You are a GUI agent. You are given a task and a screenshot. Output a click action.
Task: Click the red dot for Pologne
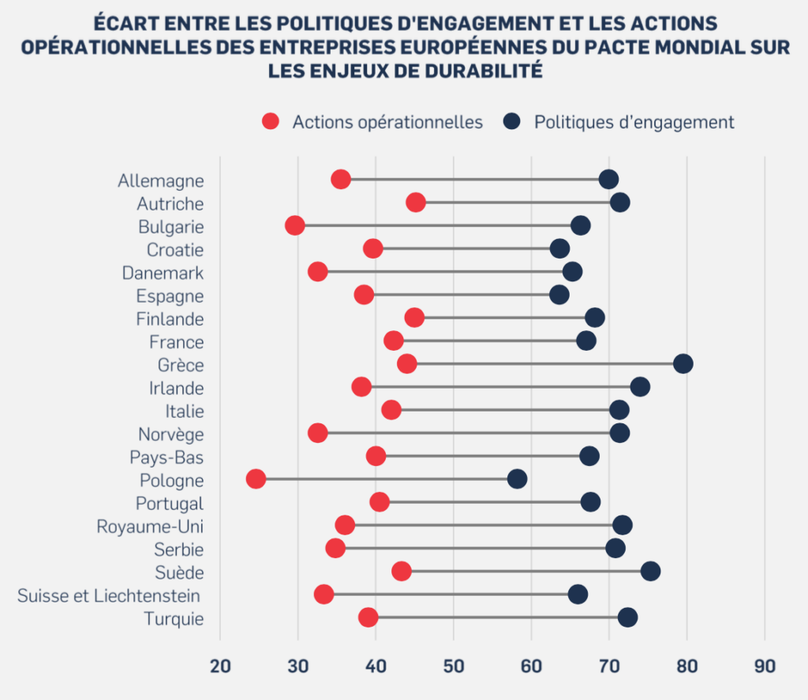click(x=256, y=479)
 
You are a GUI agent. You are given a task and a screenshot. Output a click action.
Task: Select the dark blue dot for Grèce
click(x=683, y=364)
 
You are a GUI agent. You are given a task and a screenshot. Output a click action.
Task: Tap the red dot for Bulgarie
click(x=295, y=225)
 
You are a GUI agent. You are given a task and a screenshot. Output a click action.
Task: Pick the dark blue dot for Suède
click(x=651, y=572)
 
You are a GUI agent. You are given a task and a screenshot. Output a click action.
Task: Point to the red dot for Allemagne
click(x=341, y=180)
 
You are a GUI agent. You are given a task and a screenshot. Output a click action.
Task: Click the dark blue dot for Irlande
click(x=640, y=386)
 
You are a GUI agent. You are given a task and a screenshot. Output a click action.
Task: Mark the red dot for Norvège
click(x=318, y=433)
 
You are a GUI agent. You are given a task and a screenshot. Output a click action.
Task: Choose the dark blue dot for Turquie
click(x=627, y=617)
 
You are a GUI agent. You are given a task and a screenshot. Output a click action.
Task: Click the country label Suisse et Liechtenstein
click(x=109, y=595)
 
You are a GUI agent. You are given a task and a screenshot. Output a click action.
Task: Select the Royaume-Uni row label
click(x=150, y=527)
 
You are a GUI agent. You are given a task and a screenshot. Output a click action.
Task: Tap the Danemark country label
click(x=163, y=273)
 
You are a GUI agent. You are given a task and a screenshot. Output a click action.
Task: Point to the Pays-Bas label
click(x=166, y=457)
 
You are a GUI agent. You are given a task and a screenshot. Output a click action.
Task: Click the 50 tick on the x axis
click(x=454, y=666)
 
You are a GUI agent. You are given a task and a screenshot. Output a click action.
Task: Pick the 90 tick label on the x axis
click(x=765, y=666)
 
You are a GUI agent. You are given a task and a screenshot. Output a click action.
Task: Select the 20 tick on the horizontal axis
click(x=221, y=666)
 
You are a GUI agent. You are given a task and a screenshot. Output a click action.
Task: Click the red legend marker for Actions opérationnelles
click(x=271, y=121)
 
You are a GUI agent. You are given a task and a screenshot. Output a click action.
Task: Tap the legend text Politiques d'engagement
click(x=634, y=122)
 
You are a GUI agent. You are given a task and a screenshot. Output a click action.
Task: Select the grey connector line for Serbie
click(x=475, y=548)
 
